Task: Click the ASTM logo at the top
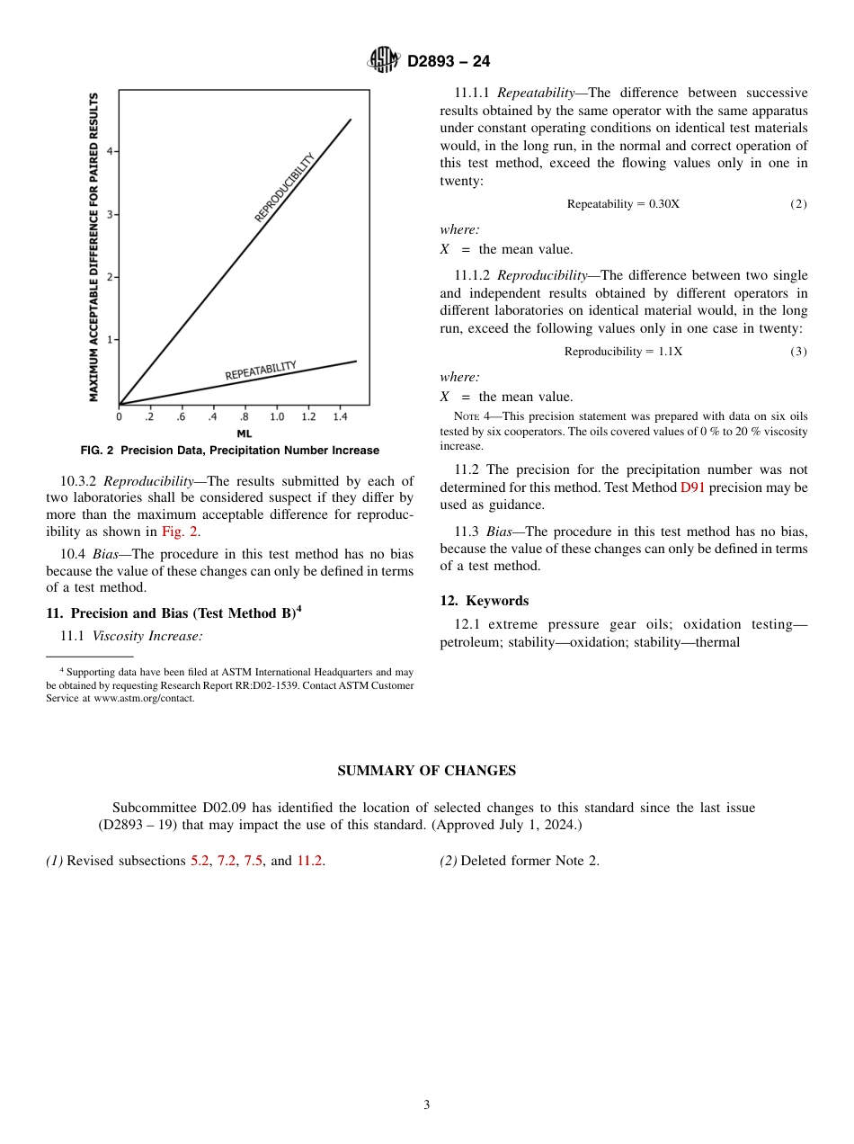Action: (383, 60)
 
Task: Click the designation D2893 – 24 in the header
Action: (449, 61)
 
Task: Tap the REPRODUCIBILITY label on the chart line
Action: (285, 188)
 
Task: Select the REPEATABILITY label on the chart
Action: (260, 370)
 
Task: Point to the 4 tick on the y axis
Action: (110, 151)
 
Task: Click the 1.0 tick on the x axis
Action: (277, 417)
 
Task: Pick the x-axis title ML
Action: (244, 433)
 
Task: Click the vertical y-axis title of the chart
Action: (93, 246)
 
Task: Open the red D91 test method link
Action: (692, 487)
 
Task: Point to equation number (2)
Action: (798, 204)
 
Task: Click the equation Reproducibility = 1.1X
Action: (623, 352)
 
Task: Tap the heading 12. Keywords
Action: (484, 601)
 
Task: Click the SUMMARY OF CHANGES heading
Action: (426, 771)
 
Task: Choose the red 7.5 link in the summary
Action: (253, 861)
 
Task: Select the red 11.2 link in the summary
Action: (310, 861)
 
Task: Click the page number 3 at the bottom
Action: (427, 1105)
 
